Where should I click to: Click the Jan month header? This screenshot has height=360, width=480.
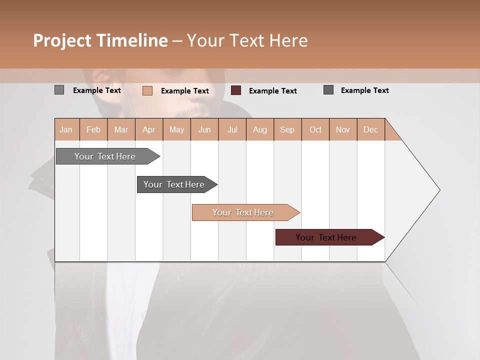pos(66,129)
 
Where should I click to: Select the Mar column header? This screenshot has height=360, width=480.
pos(121,129)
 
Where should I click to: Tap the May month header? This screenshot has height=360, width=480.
pos(176,129)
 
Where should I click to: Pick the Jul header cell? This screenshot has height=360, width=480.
pos(232,129)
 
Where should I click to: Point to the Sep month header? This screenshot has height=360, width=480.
pos(287,129)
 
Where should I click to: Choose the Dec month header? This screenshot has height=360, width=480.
pos(370,129)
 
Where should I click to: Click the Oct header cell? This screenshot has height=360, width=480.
pos(315,129)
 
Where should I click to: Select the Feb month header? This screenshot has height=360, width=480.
pos(93,129)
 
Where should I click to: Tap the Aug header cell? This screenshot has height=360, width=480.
pos(259,129)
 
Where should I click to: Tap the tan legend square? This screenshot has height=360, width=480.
pos(147,90)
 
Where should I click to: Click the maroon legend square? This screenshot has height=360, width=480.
pos(236,90)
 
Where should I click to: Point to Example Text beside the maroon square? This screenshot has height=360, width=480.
pos(273,91)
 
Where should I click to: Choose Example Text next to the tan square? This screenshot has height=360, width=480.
pos(185,91)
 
